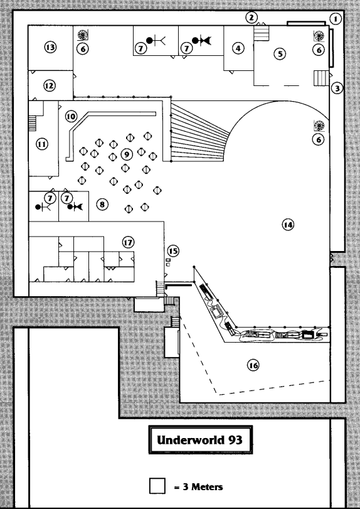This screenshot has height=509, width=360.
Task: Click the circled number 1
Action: point(336,19)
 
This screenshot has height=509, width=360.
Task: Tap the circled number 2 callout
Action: point(251,18)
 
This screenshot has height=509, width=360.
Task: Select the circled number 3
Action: point(337,88)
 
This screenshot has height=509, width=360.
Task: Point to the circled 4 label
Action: point(238,48)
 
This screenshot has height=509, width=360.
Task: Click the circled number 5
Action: point(280,53)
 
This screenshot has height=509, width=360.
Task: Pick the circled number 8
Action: point(102,205)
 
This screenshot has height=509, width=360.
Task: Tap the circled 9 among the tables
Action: point(127,154)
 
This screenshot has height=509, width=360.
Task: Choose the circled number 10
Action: point(71,116)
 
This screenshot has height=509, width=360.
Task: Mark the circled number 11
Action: point(42,144)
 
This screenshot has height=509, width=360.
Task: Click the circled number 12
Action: point(50,86)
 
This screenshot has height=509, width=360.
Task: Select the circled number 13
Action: point(50,48)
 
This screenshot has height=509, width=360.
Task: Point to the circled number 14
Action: point(288,225)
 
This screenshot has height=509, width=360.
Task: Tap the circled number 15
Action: point(173,251)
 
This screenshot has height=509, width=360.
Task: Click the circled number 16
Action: point(253,365)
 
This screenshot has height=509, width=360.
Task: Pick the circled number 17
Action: point(129,242)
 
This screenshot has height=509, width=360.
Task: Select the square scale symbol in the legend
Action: point(157,486)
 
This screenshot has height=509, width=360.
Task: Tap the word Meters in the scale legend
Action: point(207,487)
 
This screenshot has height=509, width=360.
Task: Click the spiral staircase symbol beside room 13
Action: point(83,35)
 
